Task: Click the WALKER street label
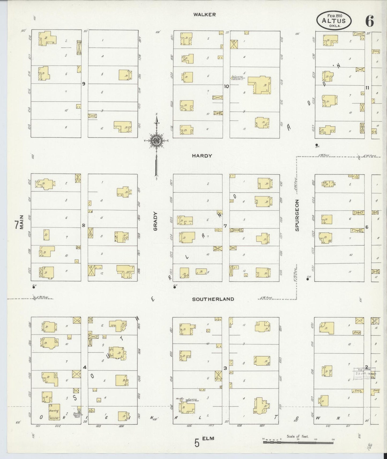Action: pyautogui.click(x=205, y=15)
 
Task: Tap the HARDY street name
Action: pyautogui.click(x=202, y=156)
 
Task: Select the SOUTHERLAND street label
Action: pyautogui.click(x=213, y=299)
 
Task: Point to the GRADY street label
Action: pyautogui.click(x=156, y=221)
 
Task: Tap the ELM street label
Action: pyautogui.click(x=209, y=438)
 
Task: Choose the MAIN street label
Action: pyautogui.click(x=22, y=222)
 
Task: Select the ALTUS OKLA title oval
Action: pyautogui.click(x=334, y=21)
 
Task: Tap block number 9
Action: pyautogui.click(x=84, y=84)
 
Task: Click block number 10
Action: pyautogui.click(x=226, y=86)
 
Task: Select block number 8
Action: pyautogui.click(x=84, y=225)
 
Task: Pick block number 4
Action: pyautogui.click(x=85, y=367)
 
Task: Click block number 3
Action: pyautogui.click(x=225, y=368)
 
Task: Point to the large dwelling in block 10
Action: pyautogui.click(x=259, y=85)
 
